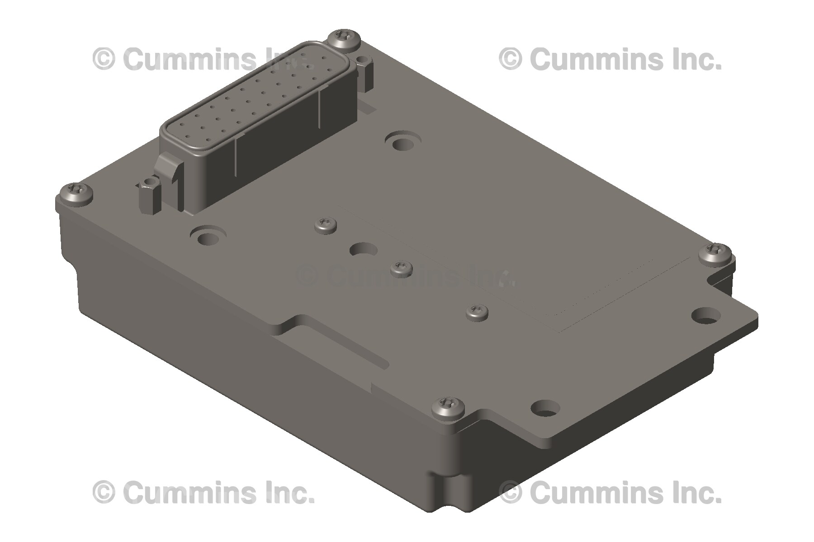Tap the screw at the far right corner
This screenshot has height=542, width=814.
pos(716,253)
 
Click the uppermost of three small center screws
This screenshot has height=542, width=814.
pos(326,224)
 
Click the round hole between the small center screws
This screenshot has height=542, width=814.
pos(364,249)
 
